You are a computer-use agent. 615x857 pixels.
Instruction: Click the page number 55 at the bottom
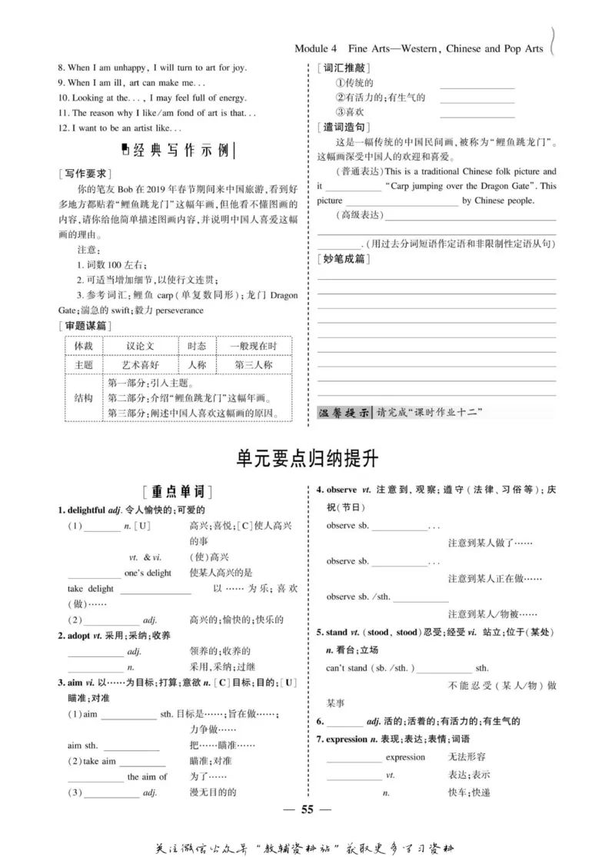(307, 809)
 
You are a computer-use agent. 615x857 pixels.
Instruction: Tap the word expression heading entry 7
(346, 739)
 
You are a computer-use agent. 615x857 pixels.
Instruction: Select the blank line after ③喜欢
(477, 113)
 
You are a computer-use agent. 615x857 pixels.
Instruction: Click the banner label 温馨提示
(344, 413)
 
